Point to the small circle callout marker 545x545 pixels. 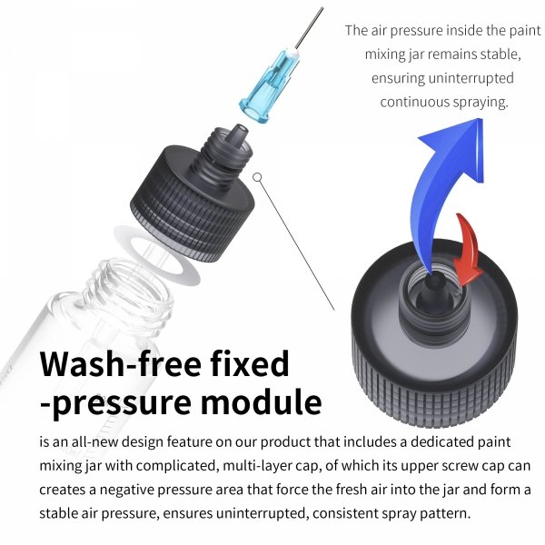258,177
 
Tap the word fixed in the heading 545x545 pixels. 246,364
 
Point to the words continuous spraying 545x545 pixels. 444,101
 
